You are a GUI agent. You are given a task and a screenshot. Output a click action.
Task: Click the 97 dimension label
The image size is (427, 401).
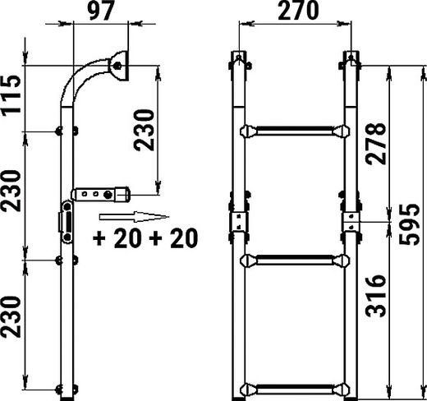[100, 12]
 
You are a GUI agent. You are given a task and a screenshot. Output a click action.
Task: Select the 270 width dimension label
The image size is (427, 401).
[298, 11]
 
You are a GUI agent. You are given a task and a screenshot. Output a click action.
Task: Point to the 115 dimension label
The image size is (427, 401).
[11, 94]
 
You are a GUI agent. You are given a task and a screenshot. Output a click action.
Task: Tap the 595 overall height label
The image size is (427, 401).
[409, 224]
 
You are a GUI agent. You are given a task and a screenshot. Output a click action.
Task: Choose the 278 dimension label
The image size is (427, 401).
[376, 144]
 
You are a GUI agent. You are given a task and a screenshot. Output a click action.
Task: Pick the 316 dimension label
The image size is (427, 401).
[376, 296]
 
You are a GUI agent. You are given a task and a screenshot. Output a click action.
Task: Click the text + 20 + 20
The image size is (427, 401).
[145, 238]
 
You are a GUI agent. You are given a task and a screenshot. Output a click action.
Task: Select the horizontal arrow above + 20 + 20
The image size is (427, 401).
[134, 217]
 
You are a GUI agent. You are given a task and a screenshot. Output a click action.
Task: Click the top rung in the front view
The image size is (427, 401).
[295, 131]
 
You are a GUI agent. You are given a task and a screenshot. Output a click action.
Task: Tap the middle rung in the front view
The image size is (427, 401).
[295, 260]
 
